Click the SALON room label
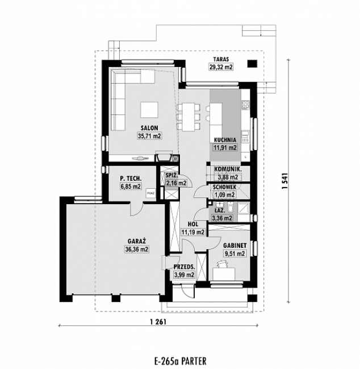click(149, 128)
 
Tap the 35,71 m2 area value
click(149, 136)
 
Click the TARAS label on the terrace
click(221, 59)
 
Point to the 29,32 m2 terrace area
click(221, 67)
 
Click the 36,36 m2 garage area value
click(137, 249)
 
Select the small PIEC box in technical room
click(150, 193)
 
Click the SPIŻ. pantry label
click(173, 176)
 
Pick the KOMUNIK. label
click(228, 169)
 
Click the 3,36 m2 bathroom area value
click(221, 217)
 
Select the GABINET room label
click(235, 246)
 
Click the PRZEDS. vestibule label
click(185, 267)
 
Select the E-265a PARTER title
click(179, 360)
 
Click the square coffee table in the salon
click(150, 109)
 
